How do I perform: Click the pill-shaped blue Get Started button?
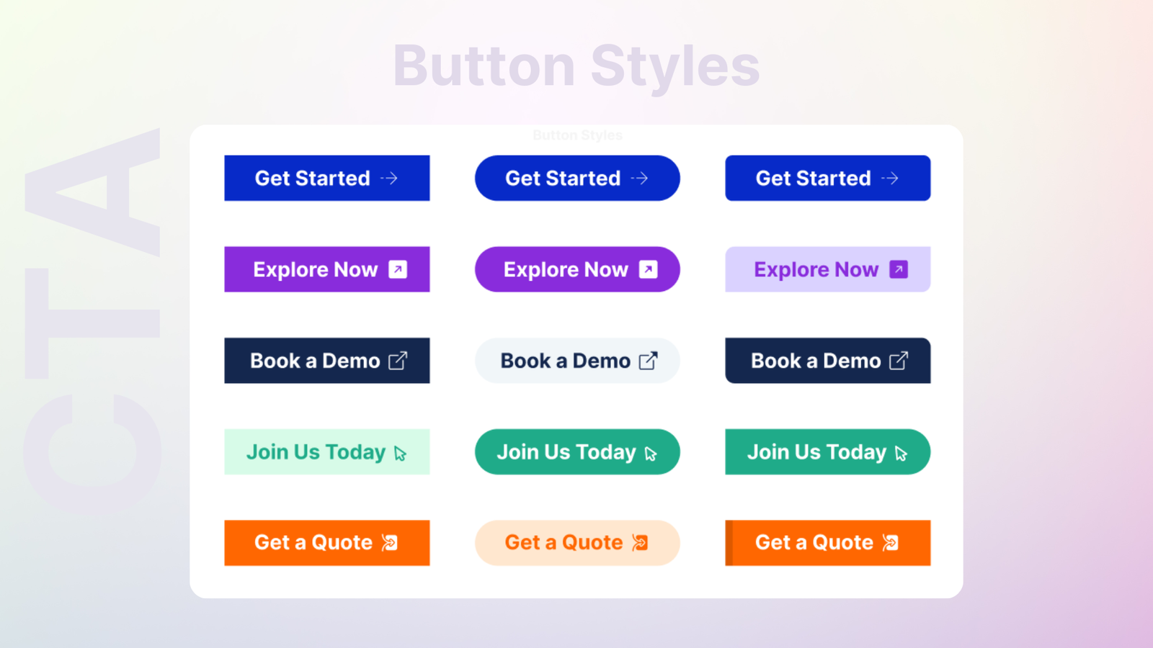pyautogui.click(x=577, y=178)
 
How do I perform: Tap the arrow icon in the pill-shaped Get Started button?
pyautogui.click(x=640, y=179)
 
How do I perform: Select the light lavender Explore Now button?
pyautogui.click(x=828, y=269)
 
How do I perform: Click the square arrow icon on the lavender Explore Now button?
pyautogui.click(x=899, y=269)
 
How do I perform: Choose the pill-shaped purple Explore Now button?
pyautogui.click(x=577, y=269)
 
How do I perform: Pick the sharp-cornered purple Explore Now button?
pyautogui.click(x=327, y=269)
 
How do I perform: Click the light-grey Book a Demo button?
pyautogui.click(x=577, y=361)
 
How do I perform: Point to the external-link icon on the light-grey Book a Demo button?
pyautogui.click(x=648, y=361)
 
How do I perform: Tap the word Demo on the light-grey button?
pyautogui.click(x=601, y=361)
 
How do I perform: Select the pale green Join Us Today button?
pyautogui.click(x=327, y=451)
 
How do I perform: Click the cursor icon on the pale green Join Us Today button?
pyautogui.click(x=400, y=453)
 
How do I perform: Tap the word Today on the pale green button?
pyautogui.click(x=356, y=452)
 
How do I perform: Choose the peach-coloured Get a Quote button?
pyautogui.click(x=577, y=543)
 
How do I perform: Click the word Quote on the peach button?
pyautogui.click(x=592, y=543)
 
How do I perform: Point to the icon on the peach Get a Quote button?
pyautogui.click(x=640, y=543)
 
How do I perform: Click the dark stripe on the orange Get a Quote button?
pyautogui.click(x=729, y=543)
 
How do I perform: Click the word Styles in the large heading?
pyautogui.click(x=675, y=67)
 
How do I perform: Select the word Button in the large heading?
pyautogui.click(x=484, y=66)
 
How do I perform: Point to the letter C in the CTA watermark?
pyautogui.click(x=93, y=453)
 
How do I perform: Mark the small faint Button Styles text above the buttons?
pyautogui.click(x=577, y=135)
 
